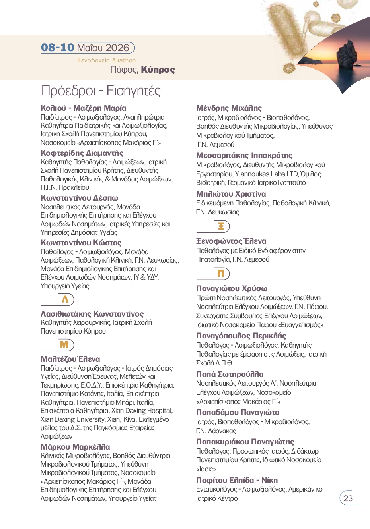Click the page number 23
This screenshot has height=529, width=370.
coord(348,498)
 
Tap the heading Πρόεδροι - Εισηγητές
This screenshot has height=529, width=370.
coord(101,91)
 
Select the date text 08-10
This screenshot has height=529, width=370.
coord(58,48)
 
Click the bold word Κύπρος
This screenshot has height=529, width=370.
coord(158,70)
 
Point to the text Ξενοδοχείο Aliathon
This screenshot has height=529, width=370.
coord(106,60)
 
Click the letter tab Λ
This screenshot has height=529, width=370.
coord(65,299)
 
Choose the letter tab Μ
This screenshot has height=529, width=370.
coord(64,345)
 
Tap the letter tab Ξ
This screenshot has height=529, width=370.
coord(221,226)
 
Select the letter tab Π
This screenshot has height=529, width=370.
coord(221,274)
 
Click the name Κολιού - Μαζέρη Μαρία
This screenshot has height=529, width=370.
coord(84,108)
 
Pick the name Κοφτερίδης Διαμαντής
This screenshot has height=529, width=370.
coord(82,153)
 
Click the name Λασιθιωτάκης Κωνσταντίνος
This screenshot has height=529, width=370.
coord(92,314)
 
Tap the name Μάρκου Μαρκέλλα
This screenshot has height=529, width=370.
coord(75,447)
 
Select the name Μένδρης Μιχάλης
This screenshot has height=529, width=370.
coord(229,108)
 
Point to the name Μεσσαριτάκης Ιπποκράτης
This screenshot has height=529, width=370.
coord(244,155)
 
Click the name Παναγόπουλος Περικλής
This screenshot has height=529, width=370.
coord(241,336)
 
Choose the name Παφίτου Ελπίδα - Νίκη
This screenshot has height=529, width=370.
coord(237,480)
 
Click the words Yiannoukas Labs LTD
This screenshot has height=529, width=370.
coord(267,174)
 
